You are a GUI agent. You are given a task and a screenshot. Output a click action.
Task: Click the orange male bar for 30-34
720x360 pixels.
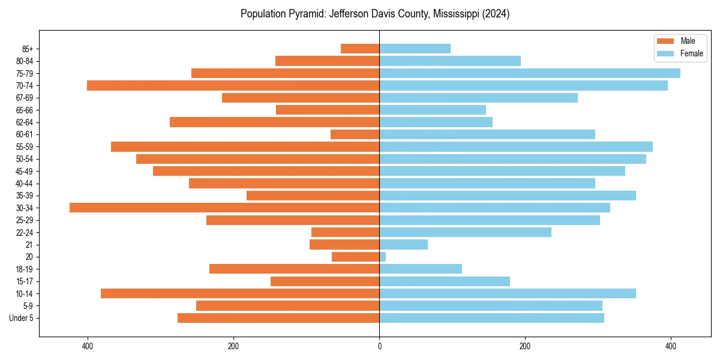[x=224, y=208]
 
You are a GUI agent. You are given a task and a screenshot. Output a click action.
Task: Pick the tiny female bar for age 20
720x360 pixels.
[x=382, y=257]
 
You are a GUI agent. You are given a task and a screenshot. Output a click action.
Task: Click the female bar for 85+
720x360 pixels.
[x=415, y=49]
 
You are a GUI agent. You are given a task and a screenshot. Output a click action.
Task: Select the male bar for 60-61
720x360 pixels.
[x=355, y=134]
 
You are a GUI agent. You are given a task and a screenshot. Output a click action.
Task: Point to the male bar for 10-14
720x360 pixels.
[x=240, y=293]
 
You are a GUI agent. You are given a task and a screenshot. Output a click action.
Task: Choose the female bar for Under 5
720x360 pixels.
[x=491, y=318]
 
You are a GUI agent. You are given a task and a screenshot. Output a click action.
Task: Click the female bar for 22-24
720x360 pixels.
[x=465, y=232]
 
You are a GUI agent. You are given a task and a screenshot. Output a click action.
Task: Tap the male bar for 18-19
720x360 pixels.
[x=294, y=269]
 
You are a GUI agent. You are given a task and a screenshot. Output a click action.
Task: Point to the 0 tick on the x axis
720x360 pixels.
[x=379, y=346]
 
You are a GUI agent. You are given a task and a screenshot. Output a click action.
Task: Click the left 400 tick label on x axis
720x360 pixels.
[x=88, y=346]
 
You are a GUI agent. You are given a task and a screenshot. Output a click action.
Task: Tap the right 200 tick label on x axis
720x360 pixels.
[x=525, y=346]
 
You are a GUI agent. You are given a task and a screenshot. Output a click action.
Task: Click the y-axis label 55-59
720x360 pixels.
[x=25, y=146]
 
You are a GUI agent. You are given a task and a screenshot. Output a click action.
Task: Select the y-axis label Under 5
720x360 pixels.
[x=21, y=318]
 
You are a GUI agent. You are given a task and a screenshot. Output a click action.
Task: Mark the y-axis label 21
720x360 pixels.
[x=29, y=245]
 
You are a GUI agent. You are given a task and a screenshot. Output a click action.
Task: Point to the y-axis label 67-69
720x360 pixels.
[x=25, y=98]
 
